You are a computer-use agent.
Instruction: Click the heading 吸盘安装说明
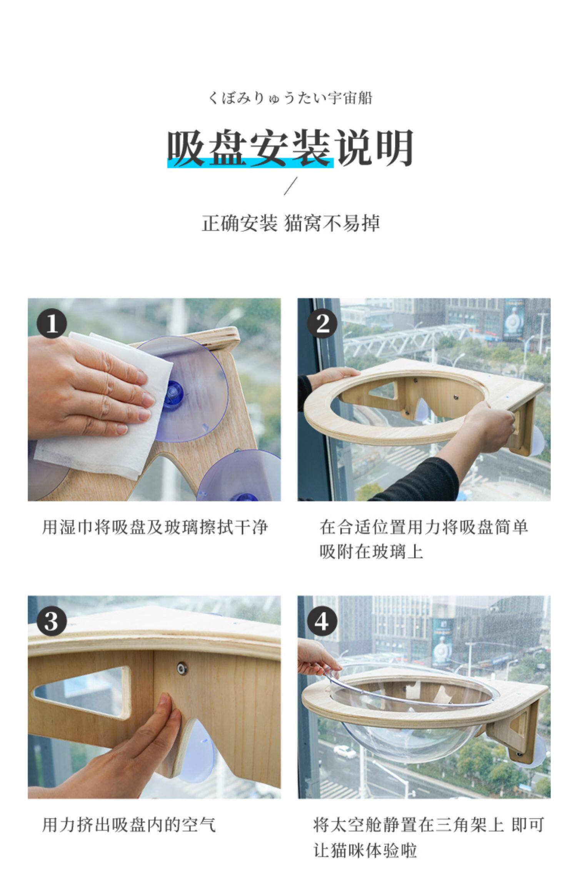(x=290, y=148)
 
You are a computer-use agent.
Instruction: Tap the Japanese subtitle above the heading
(x=290, y=98)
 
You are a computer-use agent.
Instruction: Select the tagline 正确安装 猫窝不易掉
(x=291, y=223)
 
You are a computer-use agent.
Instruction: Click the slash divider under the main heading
(x=291, y=186)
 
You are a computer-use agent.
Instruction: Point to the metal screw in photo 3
(x=182, y=668)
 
